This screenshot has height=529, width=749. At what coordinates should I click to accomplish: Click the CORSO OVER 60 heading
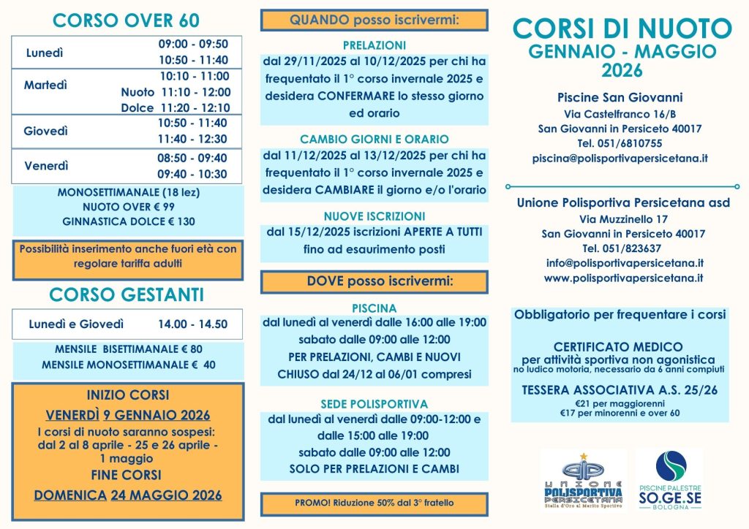click(126, 20)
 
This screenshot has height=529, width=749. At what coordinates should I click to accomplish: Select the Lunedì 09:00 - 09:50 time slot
click(193, 44)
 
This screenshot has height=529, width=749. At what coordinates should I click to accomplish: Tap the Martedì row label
click(45, 85)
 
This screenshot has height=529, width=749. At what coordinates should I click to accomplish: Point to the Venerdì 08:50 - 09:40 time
click(192, 158)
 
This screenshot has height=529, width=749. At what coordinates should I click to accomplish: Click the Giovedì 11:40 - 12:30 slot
click(192, 139)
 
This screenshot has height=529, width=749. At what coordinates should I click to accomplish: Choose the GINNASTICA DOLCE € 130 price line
click(129, 221)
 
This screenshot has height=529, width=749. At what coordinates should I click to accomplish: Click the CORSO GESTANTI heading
click(127, 294)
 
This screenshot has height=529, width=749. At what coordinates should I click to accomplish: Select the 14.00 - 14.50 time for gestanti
click(192, 324)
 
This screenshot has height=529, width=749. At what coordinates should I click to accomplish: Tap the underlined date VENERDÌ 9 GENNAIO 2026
click(128, 415)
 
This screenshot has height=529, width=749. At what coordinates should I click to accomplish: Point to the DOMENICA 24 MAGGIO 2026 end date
click(128, 495)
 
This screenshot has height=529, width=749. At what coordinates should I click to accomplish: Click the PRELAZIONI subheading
click(374, 45)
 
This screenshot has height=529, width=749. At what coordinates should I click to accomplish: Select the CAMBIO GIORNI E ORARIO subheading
click(374, 139)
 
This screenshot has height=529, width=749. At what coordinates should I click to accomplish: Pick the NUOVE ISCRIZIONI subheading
click(374, 216)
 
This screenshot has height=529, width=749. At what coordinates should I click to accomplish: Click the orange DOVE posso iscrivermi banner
click(374, 281)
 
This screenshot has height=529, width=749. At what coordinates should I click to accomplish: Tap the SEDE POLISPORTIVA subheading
click(374, 403)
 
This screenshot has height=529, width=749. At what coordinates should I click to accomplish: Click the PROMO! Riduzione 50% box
click(374, 503)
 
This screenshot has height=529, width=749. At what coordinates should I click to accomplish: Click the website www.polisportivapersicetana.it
click(623, 278)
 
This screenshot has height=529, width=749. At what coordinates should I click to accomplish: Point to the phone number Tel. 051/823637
click(623, 248)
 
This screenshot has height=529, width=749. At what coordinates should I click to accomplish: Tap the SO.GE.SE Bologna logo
click(669, 479)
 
